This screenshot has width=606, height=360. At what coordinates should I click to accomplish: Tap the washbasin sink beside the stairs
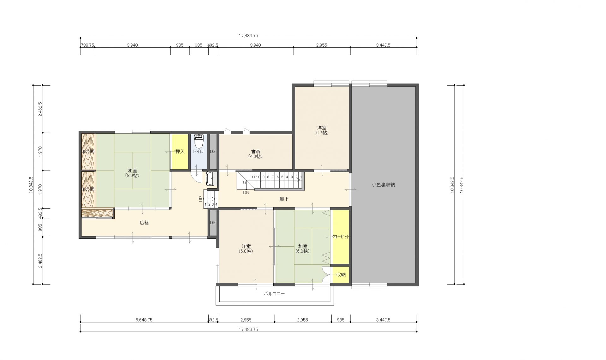coord(211,179)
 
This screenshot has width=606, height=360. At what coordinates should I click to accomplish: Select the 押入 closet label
coord(180,152)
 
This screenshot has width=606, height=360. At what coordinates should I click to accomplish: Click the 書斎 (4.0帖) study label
coord(255,154)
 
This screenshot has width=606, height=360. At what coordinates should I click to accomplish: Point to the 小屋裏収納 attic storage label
coord(383,185)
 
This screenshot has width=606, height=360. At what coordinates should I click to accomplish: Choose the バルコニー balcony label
coord(274,294)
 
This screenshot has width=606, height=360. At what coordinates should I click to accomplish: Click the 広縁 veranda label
coord(144,223)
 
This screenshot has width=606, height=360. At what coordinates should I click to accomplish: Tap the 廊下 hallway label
coord(284,199)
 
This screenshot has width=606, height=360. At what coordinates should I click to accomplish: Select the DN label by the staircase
coord(246,192)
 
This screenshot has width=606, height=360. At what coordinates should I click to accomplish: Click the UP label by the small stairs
coord(200,199)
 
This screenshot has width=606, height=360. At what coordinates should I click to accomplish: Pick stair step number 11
coord(253,177)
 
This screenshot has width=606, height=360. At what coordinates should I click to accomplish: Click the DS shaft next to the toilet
coord(213,152)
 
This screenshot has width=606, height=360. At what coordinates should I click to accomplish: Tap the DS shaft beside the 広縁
coord(213,223)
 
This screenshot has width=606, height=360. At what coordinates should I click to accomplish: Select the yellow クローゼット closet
coord(341,237)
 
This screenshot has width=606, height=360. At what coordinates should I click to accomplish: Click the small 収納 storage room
coord(341,275)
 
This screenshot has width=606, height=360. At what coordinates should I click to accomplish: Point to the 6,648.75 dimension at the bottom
coord(144,320)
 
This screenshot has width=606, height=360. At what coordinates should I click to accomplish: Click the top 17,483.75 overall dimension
coord(248,36)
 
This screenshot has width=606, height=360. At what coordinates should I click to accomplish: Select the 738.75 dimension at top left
coord(88,45)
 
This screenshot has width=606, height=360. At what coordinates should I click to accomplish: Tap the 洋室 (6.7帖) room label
coord(322,130)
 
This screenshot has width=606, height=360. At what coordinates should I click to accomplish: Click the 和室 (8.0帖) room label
coord(133,173)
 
